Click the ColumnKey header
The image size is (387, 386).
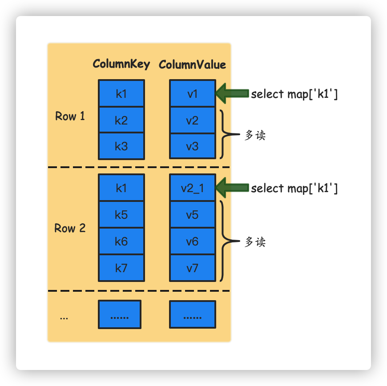click(x=121, y=64)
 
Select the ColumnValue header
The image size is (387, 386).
click(x=192, y=64)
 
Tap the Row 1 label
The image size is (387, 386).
click(x=70, y=117)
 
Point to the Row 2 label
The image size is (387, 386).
click(x=70, y=229)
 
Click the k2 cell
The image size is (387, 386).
click(x=121, y=120)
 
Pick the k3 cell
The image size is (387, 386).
click(x=121, y=146)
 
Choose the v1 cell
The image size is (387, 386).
click(x=192, y=94)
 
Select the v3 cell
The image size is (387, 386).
click(x=192, y=146)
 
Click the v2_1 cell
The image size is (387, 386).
click(x=192, y=188)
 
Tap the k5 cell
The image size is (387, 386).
click(x=121, y=215)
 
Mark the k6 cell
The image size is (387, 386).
click(x=121, y=241)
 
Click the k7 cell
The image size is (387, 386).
click(x=121, y=268)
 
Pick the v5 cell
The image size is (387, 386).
click(x=192, y=215)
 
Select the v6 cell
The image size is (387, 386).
click(x=192, y=241)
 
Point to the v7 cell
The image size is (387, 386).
click(x=192, y=268)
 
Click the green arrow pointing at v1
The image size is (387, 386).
click(x=231, y=93)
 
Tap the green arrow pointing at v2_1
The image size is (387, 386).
click(x=231, y=188)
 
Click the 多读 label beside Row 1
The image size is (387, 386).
click(x=255, y=135)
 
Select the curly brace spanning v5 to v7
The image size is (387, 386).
click(x=225, y=241)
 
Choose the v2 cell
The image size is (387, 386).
click(x=192, y=120)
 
